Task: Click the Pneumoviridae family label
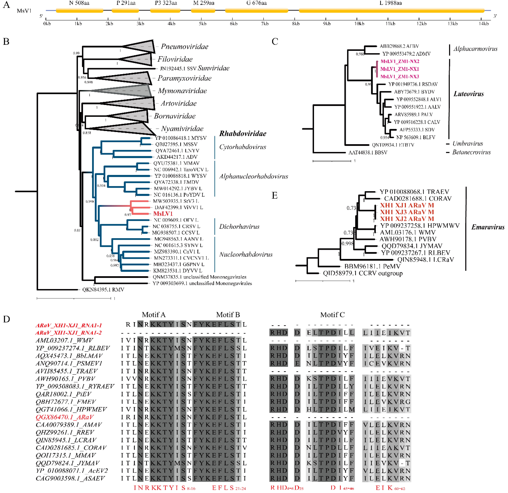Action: (x=185, y=47)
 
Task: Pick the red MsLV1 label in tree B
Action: (x=163, y=214)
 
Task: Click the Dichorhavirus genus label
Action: (x=239, y=227)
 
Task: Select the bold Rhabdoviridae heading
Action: (x=243, y=134)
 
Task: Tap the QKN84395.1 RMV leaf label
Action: (x=103, y=290)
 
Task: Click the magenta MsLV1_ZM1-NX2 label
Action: (x=400, y=61)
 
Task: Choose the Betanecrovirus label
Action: (x=471, y=152)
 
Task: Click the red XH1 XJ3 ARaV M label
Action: (x=407, y=212)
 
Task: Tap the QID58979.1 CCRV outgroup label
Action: (x=363, y=273)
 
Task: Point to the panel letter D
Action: (x=6, y=319)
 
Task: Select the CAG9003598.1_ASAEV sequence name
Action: (x=70, y=478)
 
